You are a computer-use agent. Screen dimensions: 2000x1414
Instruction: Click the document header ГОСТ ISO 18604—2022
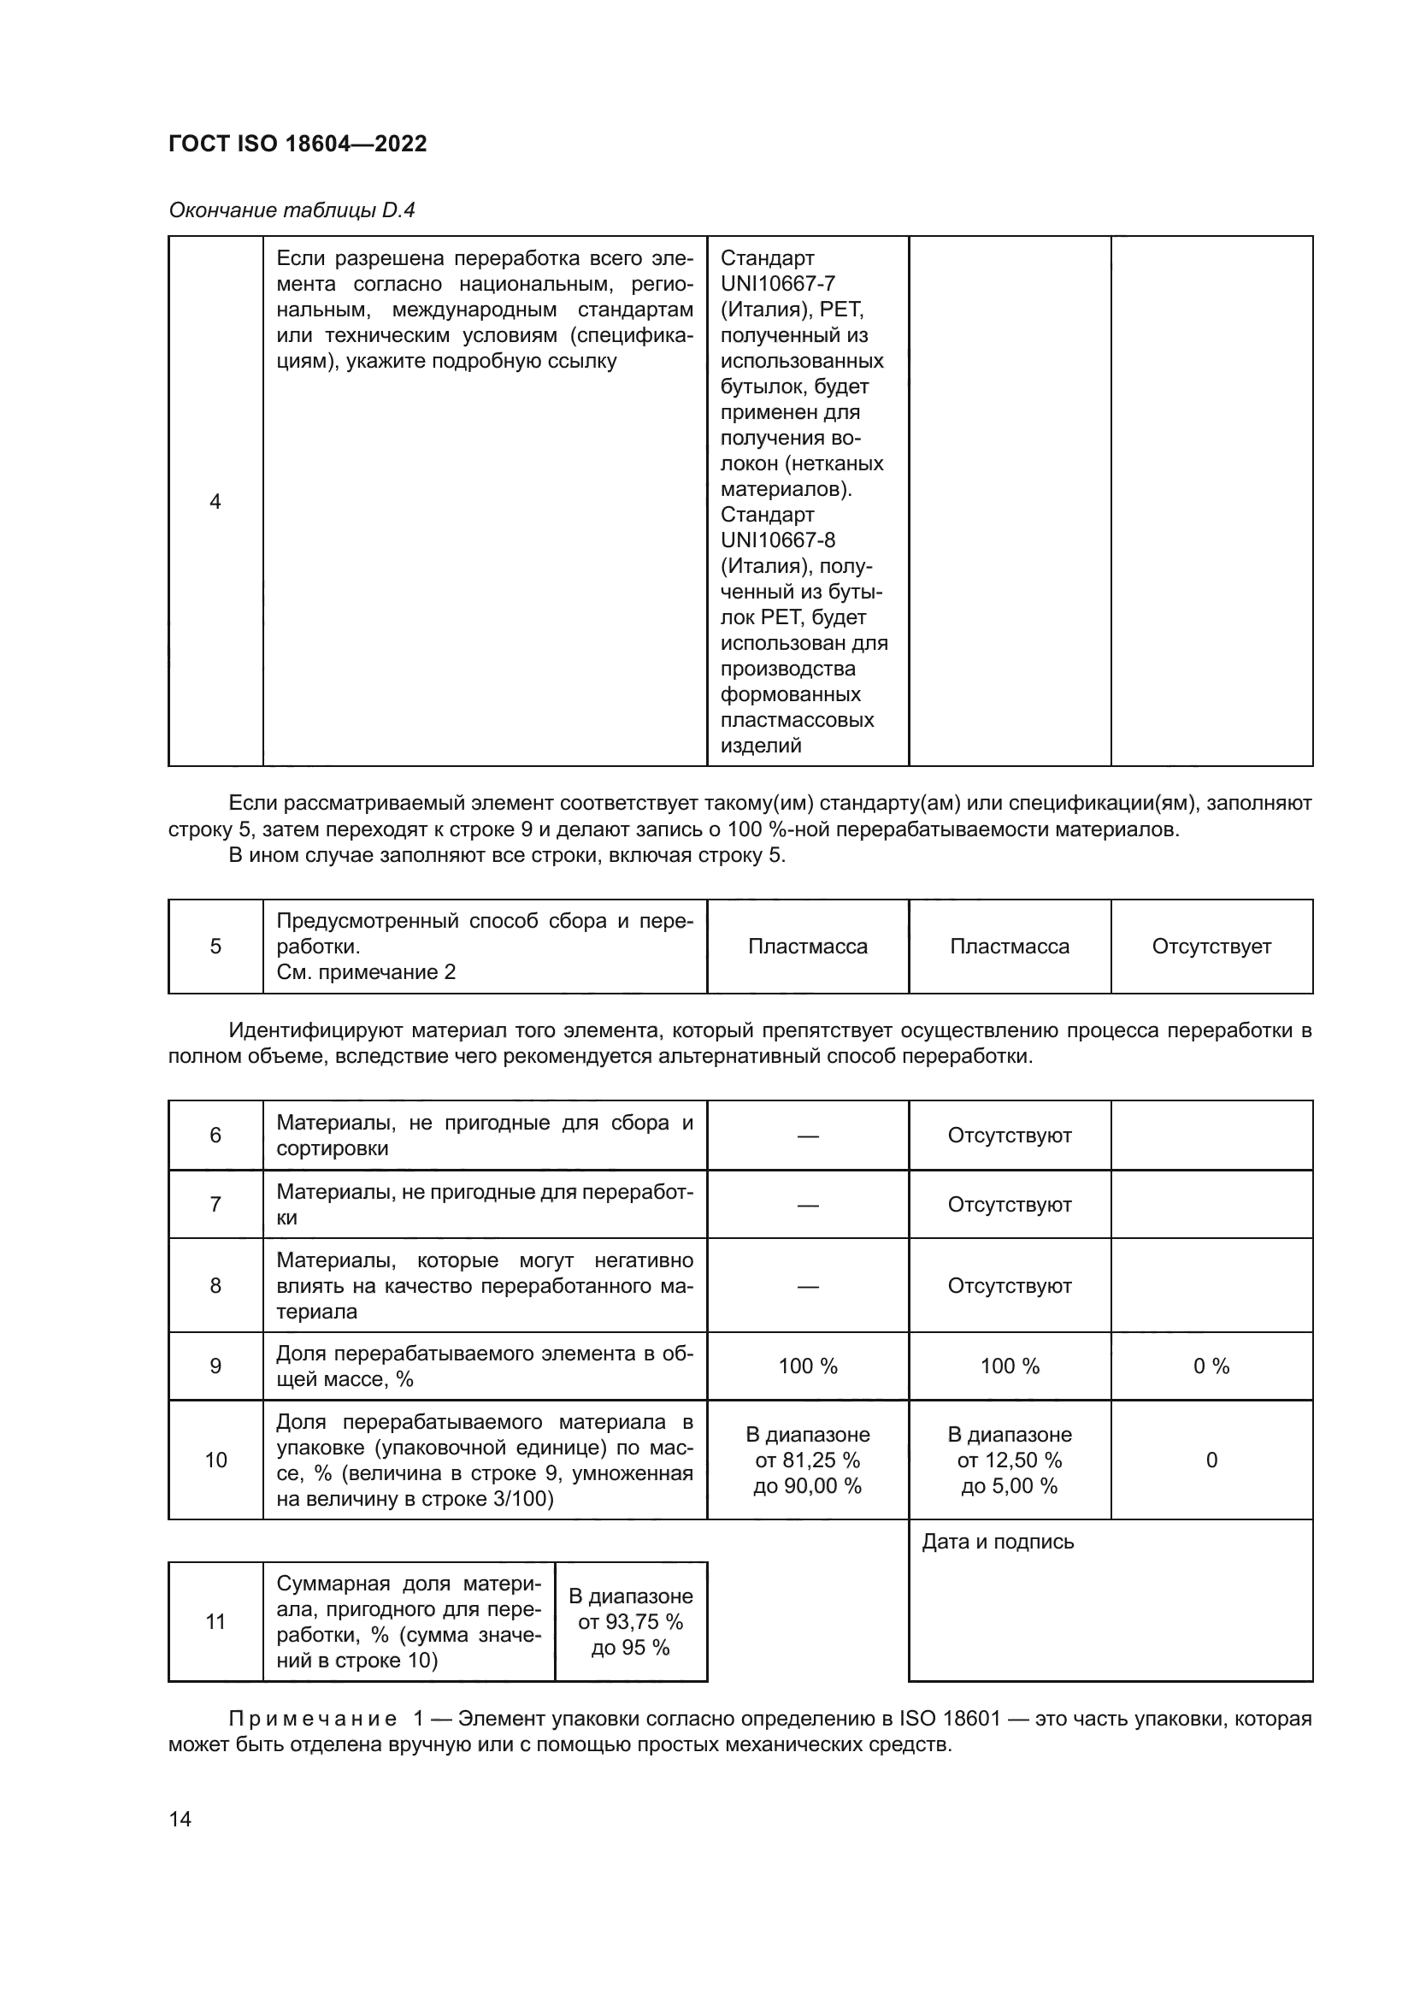298,144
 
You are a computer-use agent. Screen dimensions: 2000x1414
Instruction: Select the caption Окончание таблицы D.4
292,210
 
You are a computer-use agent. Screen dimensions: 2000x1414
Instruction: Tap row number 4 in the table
215,501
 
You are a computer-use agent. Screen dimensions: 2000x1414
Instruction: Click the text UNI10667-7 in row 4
777,284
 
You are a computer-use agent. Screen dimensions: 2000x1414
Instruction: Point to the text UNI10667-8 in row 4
777,540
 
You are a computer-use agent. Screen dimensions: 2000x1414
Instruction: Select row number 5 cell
215,946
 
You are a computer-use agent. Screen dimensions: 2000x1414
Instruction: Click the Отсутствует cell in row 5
1211,946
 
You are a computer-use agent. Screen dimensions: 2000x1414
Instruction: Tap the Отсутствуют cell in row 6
1009,1135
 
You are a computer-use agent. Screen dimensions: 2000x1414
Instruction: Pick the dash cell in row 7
807,1205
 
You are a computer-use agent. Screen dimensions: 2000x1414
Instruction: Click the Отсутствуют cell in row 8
1009,1286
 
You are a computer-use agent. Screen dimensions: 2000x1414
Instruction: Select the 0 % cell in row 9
1211,1366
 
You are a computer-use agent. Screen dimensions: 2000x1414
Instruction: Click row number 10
215,1460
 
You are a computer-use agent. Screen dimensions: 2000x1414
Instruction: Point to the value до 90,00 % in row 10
807,1486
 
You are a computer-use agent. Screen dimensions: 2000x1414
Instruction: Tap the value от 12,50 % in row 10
1009,1460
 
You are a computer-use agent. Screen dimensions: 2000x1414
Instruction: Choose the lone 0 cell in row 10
1211,1460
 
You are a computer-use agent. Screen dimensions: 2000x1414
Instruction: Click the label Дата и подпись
998,1542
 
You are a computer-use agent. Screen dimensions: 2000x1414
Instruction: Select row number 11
215,1622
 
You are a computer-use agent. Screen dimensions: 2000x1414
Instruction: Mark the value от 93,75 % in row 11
630,1622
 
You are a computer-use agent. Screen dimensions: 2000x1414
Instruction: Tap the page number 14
180,1819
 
